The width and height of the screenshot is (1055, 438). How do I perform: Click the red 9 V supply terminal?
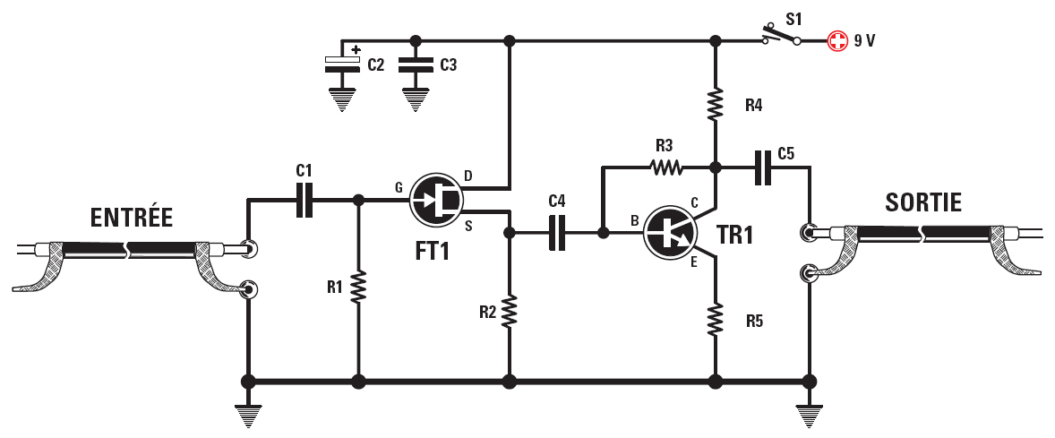pyautogui.click(x=836, y=41)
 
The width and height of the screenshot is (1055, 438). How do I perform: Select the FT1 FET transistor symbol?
pyautogui.click(x=436, y=200)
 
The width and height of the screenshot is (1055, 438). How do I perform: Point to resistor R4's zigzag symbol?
pyautogui.click(x=716, y=105)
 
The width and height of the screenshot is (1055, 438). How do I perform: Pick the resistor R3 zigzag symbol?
pyautogui.click(x=665, y=167)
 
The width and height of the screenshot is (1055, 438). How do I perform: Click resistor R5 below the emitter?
pyautogui.click(x=716, y=320)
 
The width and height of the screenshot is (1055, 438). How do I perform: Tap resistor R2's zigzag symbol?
pyautogui.click(x=509, y=311)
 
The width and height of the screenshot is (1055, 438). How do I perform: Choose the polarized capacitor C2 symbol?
pyautogui.click(x=341, y=64)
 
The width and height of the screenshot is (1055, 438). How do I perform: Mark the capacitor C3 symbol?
pyautogui.click(x=414, y=64)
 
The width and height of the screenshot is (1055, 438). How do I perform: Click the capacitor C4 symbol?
pyautogui.click(x=557, y=233)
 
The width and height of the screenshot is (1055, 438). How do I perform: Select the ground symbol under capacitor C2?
pyautogui.click(x=341, y=100)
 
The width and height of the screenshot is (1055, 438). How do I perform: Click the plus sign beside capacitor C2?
pyautogui.click(x=356, y=50)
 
